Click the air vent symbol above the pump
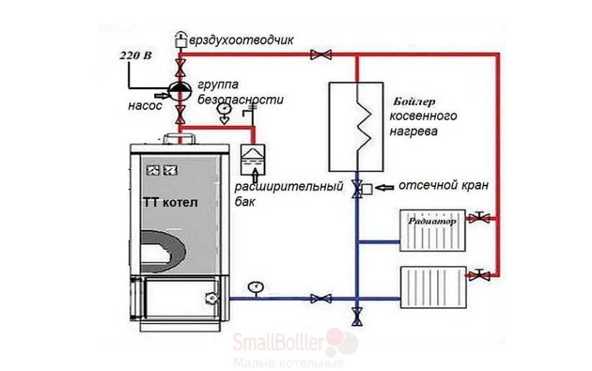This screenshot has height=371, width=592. click(181, 40)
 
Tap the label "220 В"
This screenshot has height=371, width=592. click(135, 55)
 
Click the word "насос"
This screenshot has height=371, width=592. click(145, 106)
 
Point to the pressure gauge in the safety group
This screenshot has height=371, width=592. click(224, 112)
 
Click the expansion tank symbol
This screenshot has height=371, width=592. click(253, 160)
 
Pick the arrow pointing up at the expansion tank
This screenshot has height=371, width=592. click(255, 175)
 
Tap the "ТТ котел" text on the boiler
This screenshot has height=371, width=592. click(170, 203)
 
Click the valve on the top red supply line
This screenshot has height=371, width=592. click(321, 55)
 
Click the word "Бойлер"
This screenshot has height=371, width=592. click(414, 102)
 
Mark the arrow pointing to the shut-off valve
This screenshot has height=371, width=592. click(385, 187)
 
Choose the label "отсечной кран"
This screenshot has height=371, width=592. click(444, 185)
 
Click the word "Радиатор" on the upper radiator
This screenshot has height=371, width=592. click(432, 221)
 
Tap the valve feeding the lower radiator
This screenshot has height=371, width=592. click(479, 275)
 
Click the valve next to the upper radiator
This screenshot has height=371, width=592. click(479, 218)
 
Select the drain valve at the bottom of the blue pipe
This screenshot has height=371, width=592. click(356, 316)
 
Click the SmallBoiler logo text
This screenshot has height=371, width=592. click(278, 342)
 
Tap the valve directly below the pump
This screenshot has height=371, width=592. click(181, 114)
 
